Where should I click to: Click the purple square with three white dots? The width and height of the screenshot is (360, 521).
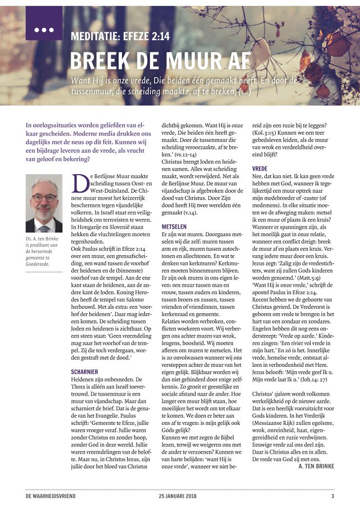coord(44,23)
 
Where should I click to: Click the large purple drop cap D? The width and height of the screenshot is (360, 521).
coord(79,182)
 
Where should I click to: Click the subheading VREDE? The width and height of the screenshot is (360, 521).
coord(260,168)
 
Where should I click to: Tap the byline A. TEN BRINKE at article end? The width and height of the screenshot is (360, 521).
coord(316,466)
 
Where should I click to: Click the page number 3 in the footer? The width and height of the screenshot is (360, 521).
coord(333,497)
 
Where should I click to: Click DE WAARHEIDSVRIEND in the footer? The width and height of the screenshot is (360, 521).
coord(51,497)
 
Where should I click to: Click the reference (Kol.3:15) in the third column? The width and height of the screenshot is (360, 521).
coord(265,132)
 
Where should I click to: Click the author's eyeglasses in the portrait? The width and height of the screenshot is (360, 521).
coord(44,199)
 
